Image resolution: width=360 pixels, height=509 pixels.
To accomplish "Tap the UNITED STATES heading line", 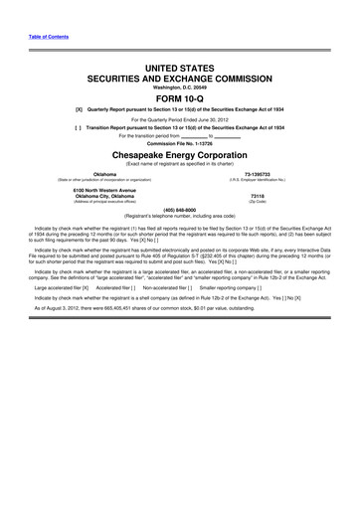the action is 180,63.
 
